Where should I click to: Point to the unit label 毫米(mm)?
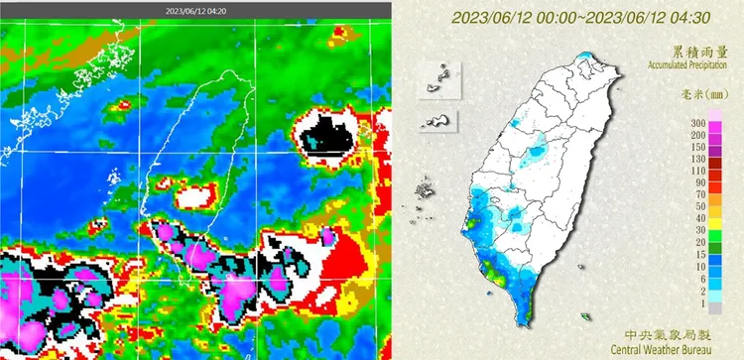click(x=706, y=95)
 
